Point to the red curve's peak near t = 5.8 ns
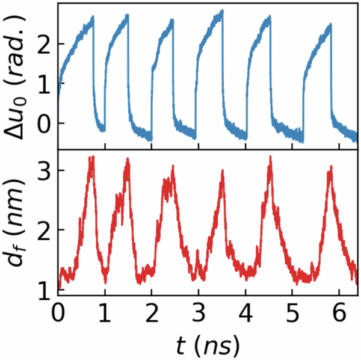pos(330,168)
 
